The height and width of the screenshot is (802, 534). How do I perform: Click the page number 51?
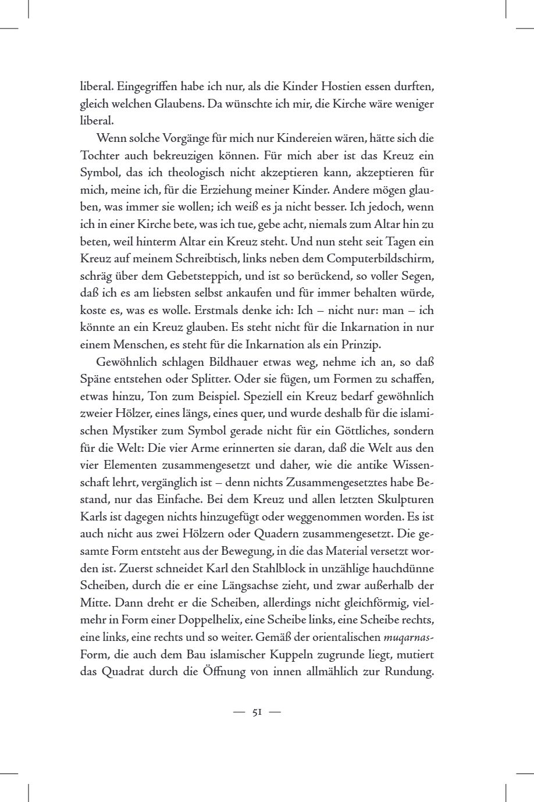coord(257,712)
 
